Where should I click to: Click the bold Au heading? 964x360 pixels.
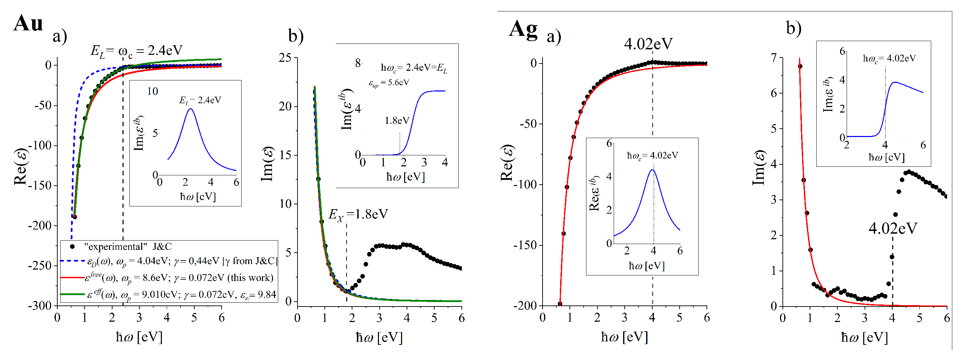point(28,23)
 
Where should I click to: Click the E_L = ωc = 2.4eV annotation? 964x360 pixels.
point(137,50)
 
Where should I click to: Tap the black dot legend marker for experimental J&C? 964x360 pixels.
point(72,246)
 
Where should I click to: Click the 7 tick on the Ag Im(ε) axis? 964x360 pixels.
point(773,58)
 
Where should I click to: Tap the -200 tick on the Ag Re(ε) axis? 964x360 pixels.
point(525,306)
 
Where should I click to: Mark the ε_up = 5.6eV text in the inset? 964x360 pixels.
point(389,83)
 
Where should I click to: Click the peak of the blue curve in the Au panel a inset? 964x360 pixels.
point(191,109)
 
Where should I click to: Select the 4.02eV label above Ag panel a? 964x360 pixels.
point(648,44)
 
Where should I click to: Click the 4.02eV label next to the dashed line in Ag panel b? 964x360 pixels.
point(893,228)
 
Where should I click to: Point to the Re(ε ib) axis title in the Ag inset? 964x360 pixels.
point(594,194)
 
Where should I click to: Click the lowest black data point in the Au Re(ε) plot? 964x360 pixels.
point(75,217)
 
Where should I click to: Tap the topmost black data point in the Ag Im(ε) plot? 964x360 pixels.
point(800,66)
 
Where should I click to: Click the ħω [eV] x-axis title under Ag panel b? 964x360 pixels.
point(864,338)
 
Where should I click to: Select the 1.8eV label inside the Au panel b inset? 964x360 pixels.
point(397,120)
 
